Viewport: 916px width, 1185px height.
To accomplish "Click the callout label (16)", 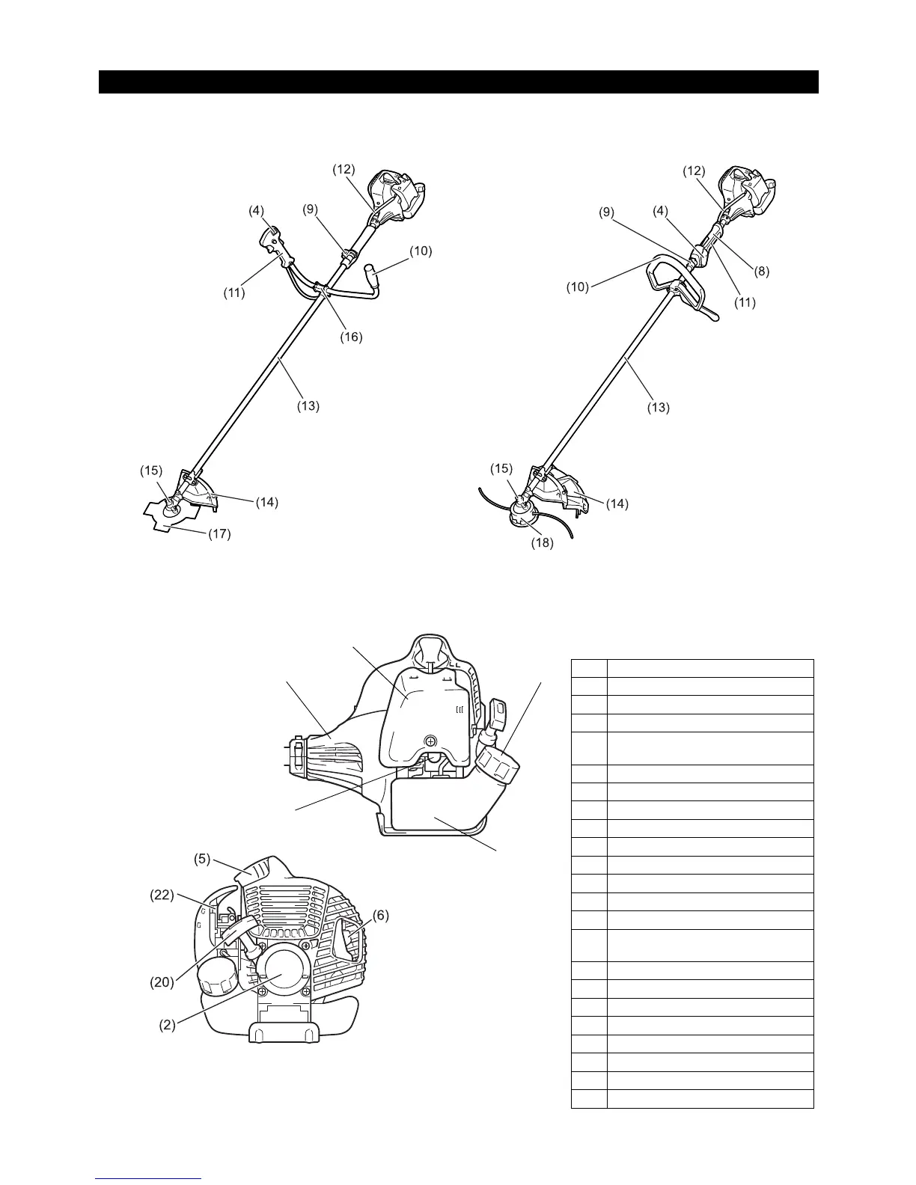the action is coord(350,337).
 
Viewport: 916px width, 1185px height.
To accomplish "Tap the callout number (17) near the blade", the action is coord(219,534).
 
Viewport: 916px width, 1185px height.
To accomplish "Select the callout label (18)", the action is coord(541,543).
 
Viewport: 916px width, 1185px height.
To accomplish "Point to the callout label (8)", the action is coord(761,272).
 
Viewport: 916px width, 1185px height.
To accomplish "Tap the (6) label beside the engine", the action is coord(380,915).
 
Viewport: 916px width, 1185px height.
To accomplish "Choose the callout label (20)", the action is coord(162,982).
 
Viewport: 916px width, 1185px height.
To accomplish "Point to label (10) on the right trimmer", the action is coord(577,286).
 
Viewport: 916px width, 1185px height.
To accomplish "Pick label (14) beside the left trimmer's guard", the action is coord(266,502).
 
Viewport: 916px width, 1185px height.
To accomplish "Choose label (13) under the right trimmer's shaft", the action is coord(658,408).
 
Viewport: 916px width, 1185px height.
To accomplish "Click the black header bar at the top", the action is coord(458,82).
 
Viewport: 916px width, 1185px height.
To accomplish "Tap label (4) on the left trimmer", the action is coord(257,211).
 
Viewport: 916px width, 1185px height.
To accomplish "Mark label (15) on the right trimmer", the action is coord(501,468).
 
